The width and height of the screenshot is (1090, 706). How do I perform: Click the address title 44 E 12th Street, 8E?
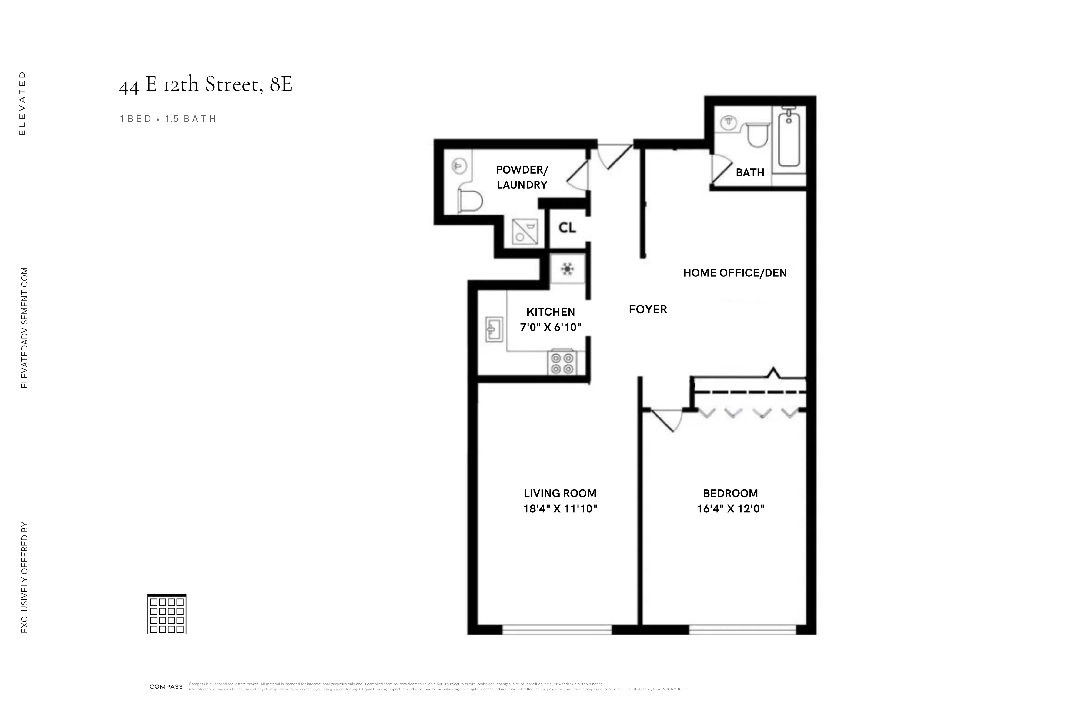click(x=206, y=84)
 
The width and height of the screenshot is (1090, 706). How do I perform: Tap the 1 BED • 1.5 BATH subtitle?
click(x=168, y=119)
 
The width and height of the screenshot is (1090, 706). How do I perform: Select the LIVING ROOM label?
click(x=560, y=493)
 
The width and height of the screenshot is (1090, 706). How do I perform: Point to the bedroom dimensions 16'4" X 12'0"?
click(x=730, y=508)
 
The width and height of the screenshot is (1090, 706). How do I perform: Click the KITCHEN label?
click(x=551, y=312)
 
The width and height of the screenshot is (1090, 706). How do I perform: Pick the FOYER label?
click(x=648, y=310)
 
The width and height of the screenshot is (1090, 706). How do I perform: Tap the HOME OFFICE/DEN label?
click(x=735, y=273)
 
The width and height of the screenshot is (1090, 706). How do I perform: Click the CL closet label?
click(x=567, y=228)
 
